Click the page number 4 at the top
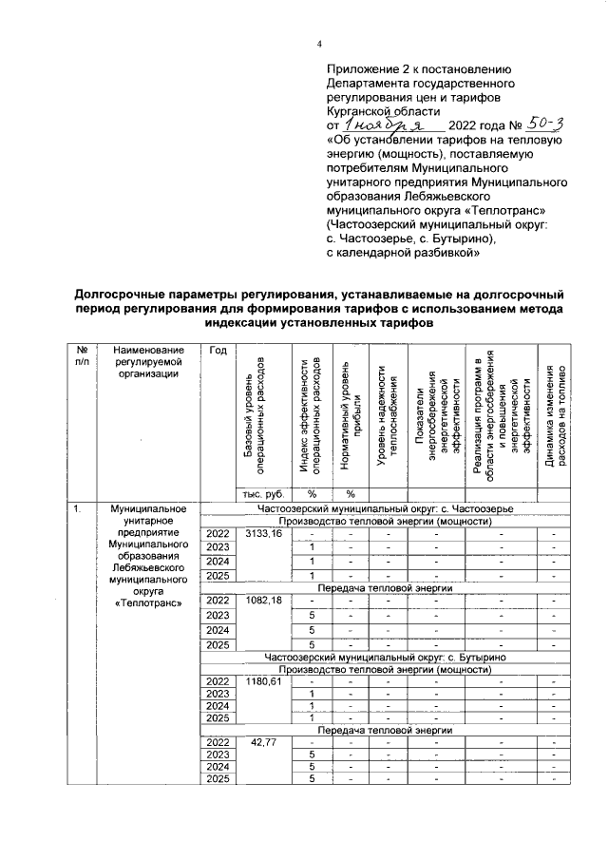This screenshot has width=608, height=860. click(x=319, y=43)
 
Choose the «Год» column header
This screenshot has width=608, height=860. click(x=216, y=351)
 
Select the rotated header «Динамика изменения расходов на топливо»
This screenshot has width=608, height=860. click(x=552, y=415)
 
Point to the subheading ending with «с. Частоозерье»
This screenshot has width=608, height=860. click(x=383, y=509)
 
